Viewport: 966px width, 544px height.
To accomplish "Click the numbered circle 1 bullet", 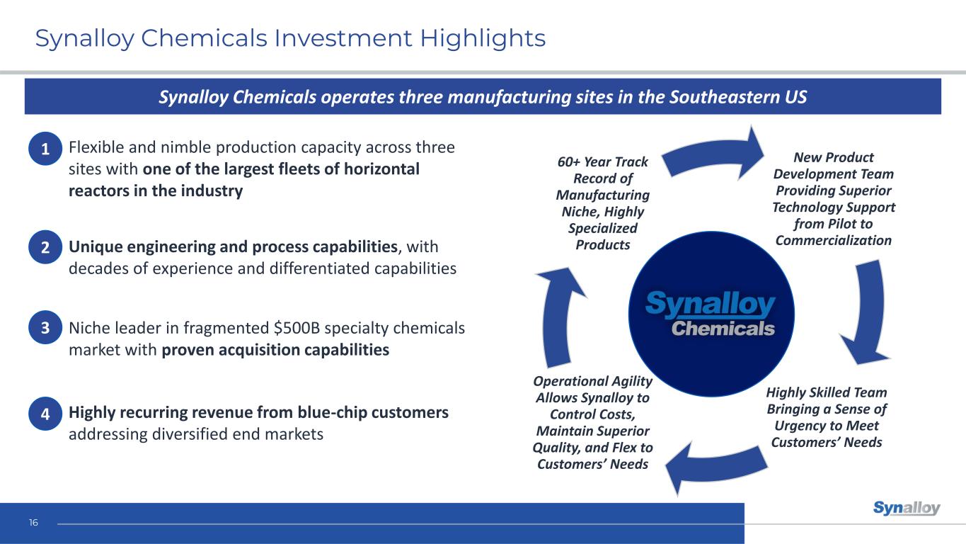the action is [45, 149].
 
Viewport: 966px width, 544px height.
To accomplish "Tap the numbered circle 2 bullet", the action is [45, 247].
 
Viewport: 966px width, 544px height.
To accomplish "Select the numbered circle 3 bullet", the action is [45, 327].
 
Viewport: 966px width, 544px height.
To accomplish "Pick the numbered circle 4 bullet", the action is [45, 414].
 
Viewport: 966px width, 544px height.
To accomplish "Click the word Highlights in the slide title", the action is [483, 39].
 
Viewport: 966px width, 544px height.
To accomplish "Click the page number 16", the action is [33, 523].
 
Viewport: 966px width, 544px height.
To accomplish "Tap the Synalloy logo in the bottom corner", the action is [907, 508].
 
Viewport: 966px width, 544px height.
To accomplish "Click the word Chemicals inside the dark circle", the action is [723, 329].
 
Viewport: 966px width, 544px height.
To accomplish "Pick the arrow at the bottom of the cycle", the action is [716, 469].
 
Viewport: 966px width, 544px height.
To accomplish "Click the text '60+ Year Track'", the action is [602, 162].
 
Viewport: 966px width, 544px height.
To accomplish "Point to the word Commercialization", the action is [833, 241].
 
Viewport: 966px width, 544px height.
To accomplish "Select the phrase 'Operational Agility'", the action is [592, 382].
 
